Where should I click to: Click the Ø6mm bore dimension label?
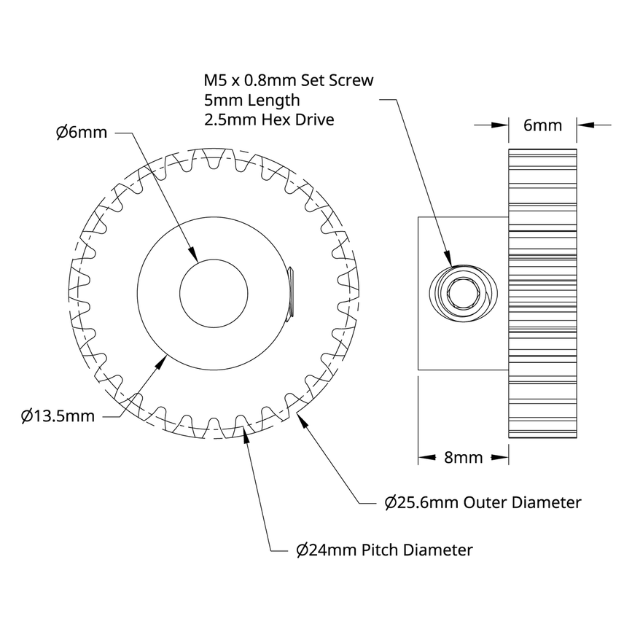pyautogui.click(x=81, y=133)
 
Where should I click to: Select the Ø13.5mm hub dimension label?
pyautogui.click(x=58, y=416)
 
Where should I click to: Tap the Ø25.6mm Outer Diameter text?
pyautogui.click(x=483, y=502)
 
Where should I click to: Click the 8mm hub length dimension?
pyautogui.click(x=463, y=458)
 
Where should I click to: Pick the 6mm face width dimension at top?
pyautogui.click(x=543, y=125)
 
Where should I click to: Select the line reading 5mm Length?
pyautogui.click(x=252, y=100)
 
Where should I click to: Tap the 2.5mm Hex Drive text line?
pyautogui.click(x=270, y=120)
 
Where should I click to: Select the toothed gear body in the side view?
pyautogui.click(x=543, y=364)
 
